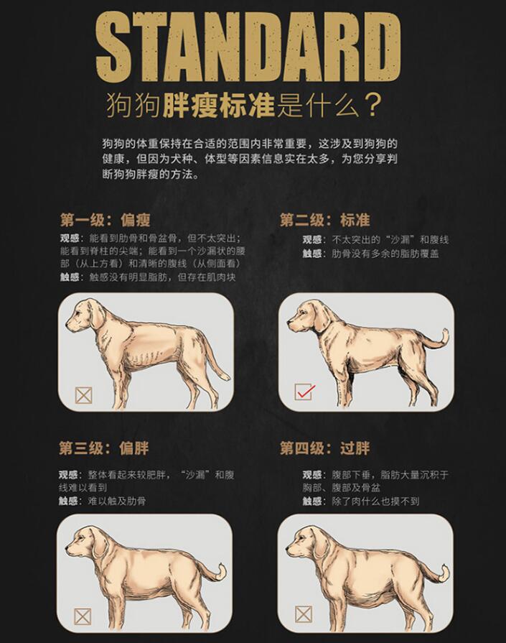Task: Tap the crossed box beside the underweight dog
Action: pyautogui.click(x=83, y=395)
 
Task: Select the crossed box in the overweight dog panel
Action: pyautogui.click(x=83, y=616)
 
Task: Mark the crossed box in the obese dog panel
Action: pyautogui.click(x=304, y=614)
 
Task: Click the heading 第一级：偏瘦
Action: pyautogui.click(x=106, y=221)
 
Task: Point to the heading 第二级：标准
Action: pyautogui.click(x=325, y=221)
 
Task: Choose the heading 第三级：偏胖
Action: pyautogui.click(x=104, y=448)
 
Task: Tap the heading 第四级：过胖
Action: pyautogui.click(x=325, y=448)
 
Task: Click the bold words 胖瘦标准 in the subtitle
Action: pyautogui.click(x=219, y=106)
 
